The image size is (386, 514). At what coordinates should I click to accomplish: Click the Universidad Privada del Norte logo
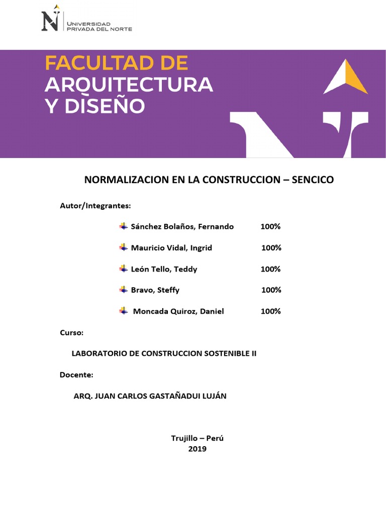(86, 20)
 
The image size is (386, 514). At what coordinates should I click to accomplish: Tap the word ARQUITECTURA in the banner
(129, 85)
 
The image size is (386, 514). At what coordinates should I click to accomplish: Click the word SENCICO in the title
(313, 180)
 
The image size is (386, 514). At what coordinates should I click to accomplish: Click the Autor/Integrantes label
(95, 206)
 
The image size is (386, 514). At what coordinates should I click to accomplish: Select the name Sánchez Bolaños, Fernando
(182, 227)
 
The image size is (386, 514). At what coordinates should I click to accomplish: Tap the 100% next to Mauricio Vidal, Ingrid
(271, 248)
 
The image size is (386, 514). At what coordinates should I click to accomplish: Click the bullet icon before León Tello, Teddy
(123, 269)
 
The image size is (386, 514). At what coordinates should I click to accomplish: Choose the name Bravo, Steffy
(155, 290)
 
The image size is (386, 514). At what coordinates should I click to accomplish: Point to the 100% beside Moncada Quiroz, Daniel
(270, 311)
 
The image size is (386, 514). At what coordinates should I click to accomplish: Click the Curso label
(71, 333)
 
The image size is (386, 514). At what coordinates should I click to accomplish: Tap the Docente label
(76, 375)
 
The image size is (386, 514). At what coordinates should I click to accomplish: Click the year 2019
(197, 449)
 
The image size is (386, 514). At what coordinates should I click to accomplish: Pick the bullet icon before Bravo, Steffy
(123, 290)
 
